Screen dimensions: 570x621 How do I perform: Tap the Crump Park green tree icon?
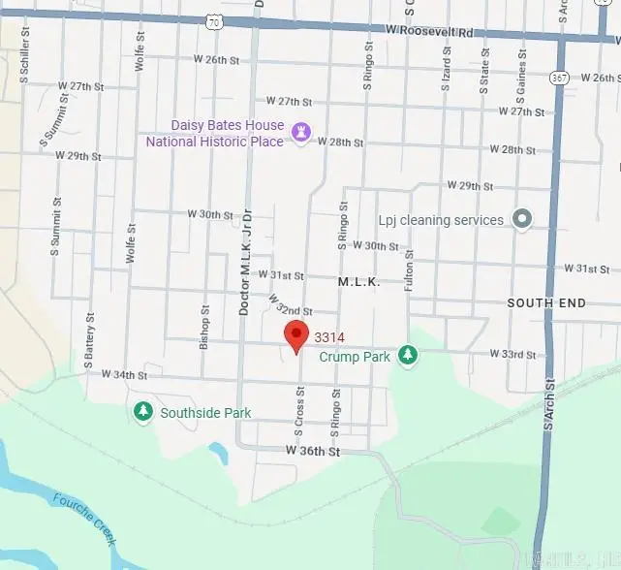(409, 356)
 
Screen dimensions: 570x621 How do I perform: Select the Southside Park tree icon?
(143, 413)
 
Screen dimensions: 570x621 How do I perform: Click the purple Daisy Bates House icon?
(301, 133)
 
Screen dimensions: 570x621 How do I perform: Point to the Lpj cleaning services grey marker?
(522, 219)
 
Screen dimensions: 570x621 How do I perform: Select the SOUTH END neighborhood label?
(546, 303)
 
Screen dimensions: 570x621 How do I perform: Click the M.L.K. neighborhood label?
(358, 281)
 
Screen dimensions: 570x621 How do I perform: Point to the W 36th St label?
(313, 451)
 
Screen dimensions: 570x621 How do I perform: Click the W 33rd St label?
(513, 355)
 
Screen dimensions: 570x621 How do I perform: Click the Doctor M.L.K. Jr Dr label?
(245, 261)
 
